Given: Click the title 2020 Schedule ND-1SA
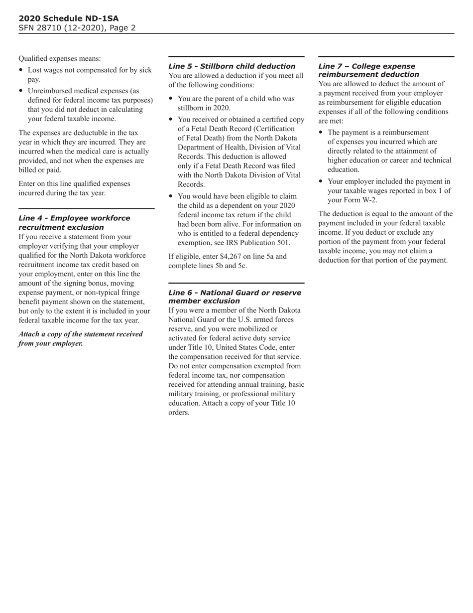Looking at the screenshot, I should (69, 18).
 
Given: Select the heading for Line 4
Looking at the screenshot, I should (74, 222).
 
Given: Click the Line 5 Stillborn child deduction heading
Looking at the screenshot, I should (232, 66).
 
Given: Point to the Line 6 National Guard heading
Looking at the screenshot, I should (235, 297).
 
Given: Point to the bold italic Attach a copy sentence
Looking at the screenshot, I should (80, 338).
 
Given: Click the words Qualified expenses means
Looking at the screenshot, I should (59, 58).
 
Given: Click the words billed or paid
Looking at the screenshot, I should (40, 169).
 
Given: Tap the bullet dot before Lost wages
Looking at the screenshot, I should (21, 70).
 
